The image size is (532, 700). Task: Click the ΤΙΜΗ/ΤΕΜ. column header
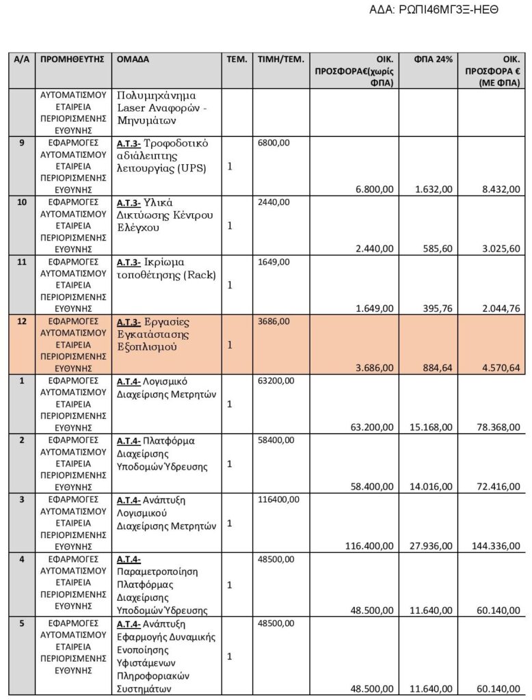pyautogui.click(x=280, y=59)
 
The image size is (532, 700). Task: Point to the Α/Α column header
pyautogui.click(x=21, y=59)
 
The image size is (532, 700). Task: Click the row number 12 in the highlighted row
pyautogui.click(x=21, y=321)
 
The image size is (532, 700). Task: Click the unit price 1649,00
pyautogui.click(x=274, y=262)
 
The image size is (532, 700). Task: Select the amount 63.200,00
pyautogui.click(x=371, y=427)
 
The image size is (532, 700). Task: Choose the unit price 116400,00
pyautogui.click(x=278, y=500)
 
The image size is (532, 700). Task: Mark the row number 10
pyautogui.click(x=21, y=202)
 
